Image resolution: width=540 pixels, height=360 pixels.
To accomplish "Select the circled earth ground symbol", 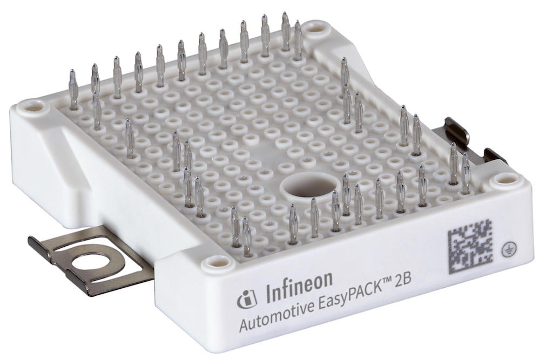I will pyautogui.click(x=507, y=246).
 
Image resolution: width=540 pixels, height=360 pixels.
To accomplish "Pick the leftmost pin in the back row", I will pyautogui.click(x=73, y=89).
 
